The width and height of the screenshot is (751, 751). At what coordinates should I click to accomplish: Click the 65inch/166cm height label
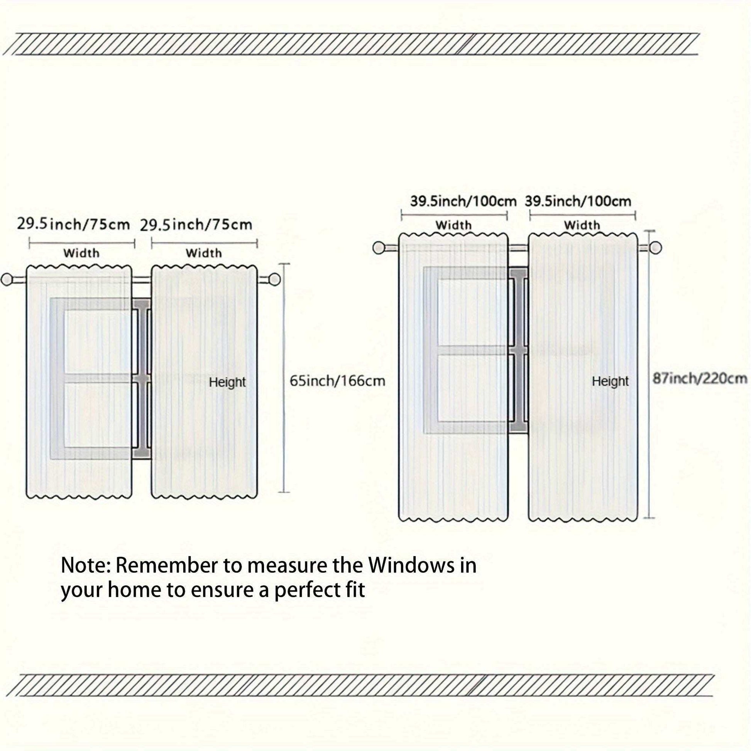click(337, 381)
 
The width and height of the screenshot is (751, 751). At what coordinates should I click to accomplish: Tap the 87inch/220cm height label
click(699, 378)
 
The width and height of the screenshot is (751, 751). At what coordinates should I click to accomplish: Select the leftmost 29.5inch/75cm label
click(73, 224)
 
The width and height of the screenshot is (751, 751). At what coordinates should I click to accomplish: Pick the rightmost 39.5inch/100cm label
click(578, 201)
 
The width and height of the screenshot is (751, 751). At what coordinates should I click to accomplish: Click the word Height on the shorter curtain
click(227, 382)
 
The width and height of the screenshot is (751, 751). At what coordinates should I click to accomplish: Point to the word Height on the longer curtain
click(610, 381)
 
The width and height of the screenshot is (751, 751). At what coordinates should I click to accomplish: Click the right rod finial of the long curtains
click(656, 248)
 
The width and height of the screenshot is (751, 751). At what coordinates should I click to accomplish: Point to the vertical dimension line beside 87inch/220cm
click(649, 374)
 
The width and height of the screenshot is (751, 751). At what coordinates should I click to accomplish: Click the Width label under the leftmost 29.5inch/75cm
click(81, 253)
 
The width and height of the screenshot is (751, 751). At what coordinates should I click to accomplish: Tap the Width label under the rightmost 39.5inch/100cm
click(582, 225)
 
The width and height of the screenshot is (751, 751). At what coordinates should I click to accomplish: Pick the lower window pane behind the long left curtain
click(473, 389)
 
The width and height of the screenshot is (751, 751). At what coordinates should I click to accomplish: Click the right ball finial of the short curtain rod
click(275, 279)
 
